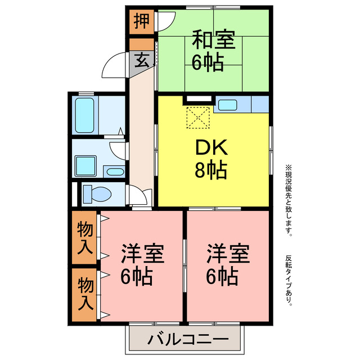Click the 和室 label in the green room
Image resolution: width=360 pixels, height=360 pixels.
(213, 41)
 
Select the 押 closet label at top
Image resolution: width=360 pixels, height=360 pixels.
(141, 22)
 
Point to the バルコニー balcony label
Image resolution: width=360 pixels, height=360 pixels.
(187, 340)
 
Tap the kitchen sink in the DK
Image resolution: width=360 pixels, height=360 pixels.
(228, 104)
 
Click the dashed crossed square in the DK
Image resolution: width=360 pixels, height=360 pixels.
(197, 118)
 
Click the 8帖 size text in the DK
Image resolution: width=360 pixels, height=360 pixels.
(211, 169)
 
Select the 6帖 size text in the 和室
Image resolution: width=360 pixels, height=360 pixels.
(208, 62)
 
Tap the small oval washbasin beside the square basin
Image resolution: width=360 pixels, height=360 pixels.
(115, 172)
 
